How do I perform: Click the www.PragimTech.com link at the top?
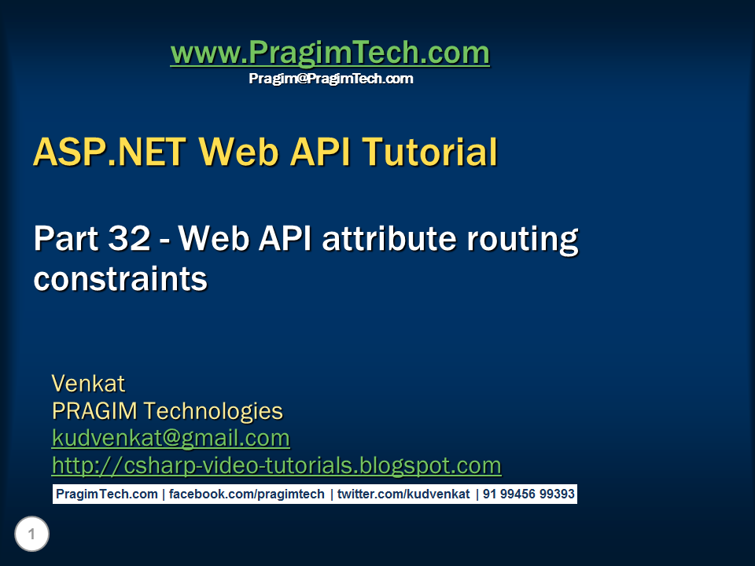coord(330,53)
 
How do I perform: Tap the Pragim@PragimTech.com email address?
coord(331,79)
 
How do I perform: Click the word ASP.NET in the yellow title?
coord(110,152)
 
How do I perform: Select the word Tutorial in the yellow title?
coord(429,152)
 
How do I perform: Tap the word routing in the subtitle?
coord(523,241)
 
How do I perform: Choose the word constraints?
coord(120,279)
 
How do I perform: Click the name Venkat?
coord(88,384)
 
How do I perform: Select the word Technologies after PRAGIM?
coord(213,412)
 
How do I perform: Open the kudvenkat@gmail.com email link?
coord(171,439)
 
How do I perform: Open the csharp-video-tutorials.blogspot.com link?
coord(276,466)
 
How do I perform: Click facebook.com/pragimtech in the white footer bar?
coord(246,494)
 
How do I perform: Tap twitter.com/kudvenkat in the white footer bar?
coord(403,494)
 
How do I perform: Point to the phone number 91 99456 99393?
coord(528,494)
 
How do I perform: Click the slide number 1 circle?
coord(31,534)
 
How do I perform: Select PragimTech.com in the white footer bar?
coord(107,494)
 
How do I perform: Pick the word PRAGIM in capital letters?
coord(94,411)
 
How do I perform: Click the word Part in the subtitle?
coord(66,238)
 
